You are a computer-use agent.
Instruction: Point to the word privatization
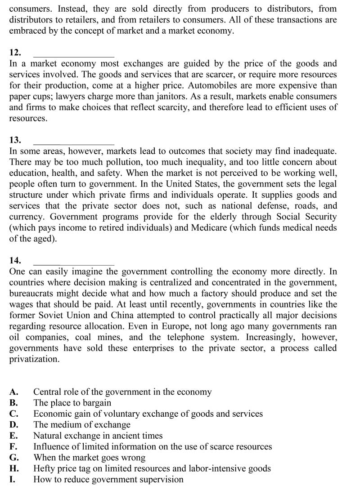point(34,359)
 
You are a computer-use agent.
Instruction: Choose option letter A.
point(13,392)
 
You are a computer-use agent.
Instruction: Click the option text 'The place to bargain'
point(72,403)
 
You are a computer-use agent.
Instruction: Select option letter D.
point(13,424)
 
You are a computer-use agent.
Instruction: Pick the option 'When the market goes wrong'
point(89,458)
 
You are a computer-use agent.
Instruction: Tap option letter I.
point(12,479)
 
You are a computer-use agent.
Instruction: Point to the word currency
point(26,217)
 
